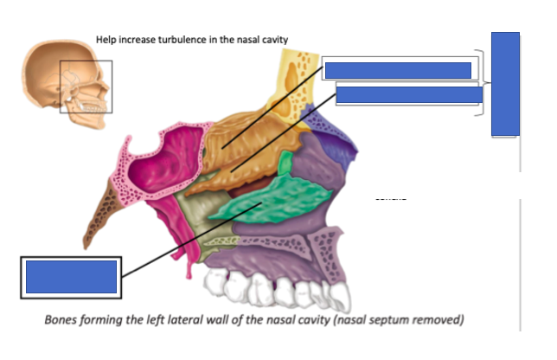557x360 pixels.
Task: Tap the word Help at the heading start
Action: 107,40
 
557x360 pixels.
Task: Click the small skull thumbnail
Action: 66,82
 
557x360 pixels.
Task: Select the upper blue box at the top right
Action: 397,70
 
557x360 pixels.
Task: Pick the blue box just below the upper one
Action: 408,94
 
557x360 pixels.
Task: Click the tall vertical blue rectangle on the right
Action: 505,83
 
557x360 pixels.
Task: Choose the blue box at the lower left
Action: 71,276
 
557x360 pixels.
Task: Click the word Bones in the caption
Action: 65,320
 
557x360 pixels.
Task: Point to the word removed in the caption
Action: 438,320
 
